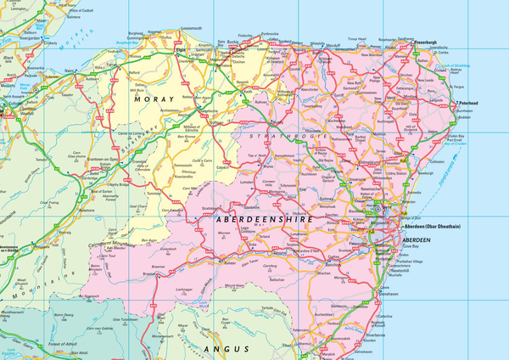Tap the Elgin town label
(180, 49)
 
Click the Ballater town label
(228, 262)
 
